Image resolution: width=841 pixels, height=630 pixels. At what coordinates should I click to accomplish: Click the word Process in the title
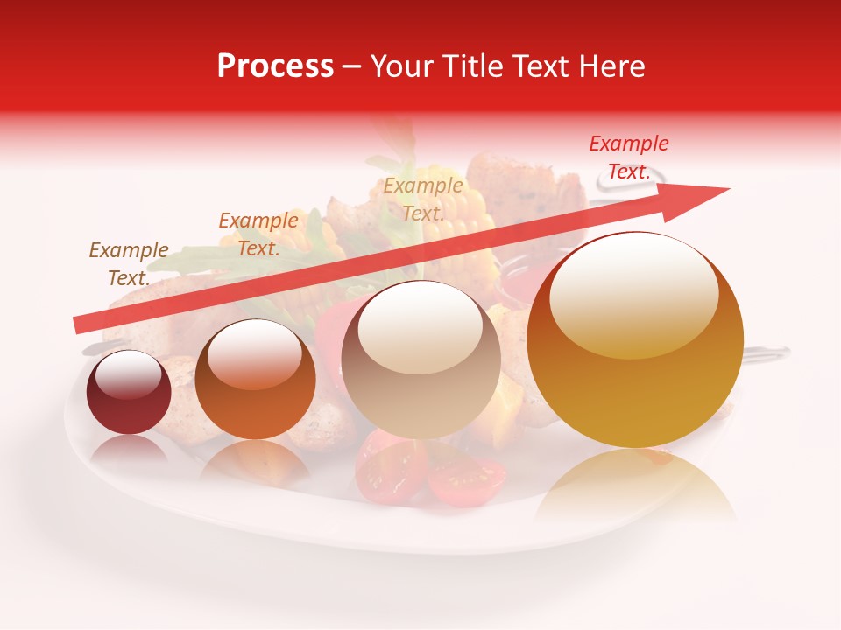pos(275,66)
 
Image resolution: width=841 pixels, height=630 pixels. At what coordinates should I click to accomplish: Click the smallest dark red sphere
pos(129,393)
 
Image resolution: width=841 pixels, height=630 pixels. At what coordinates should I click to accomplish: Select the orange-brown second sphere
pos(255,381)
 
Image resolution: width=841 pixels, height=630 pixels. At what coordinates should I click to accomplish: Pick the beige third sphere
pos(420,360)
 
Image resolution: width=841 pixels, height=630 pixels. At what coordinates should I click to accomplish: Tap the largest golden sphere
pos(635,341)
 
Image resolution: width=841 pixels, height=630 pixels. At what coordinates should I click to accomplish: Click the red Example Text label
pos(628,157)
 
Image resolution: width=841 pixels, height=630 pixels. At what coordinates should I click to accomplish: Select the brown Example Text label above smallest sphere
pos(129,264)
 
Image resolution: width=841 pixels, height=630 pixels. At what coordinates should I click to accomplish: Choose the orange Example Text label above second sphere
pos(258,234)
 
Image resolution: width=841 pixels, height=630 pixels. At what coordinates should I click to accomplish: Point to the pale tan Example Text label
pos(423,199)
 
